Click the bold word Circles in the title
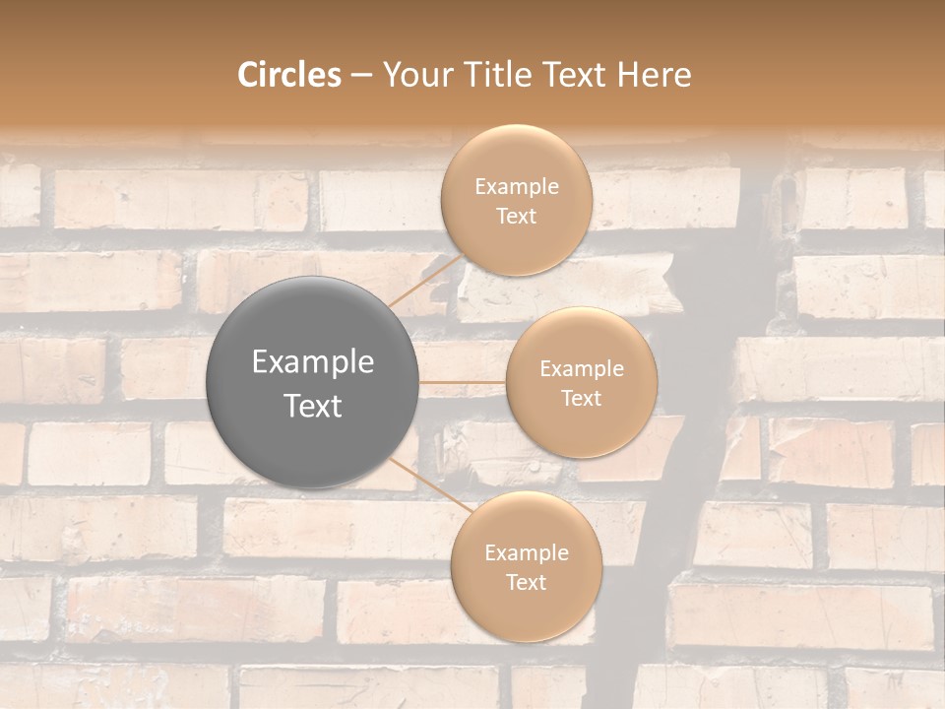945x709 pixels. click(289, 75)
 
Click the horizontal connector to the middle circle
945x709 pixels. click(463, 382)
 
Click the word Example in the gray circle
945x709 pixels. click(313, 362)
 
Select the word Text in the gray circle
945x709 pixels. click(313, 406)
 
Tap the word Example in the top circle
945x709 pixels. click(517, 187)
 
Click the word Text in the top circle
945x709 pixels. click(516, 217)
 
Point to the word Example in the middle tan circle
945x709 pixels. click(582, 369)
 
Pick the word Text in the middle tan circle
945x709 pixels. click(581, 399)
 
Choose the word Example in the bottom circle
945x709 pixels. click(527, 553)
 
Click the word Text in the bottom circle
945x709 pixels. click(526, 583)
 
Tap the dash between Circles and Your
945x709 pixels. click(361, 76)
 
